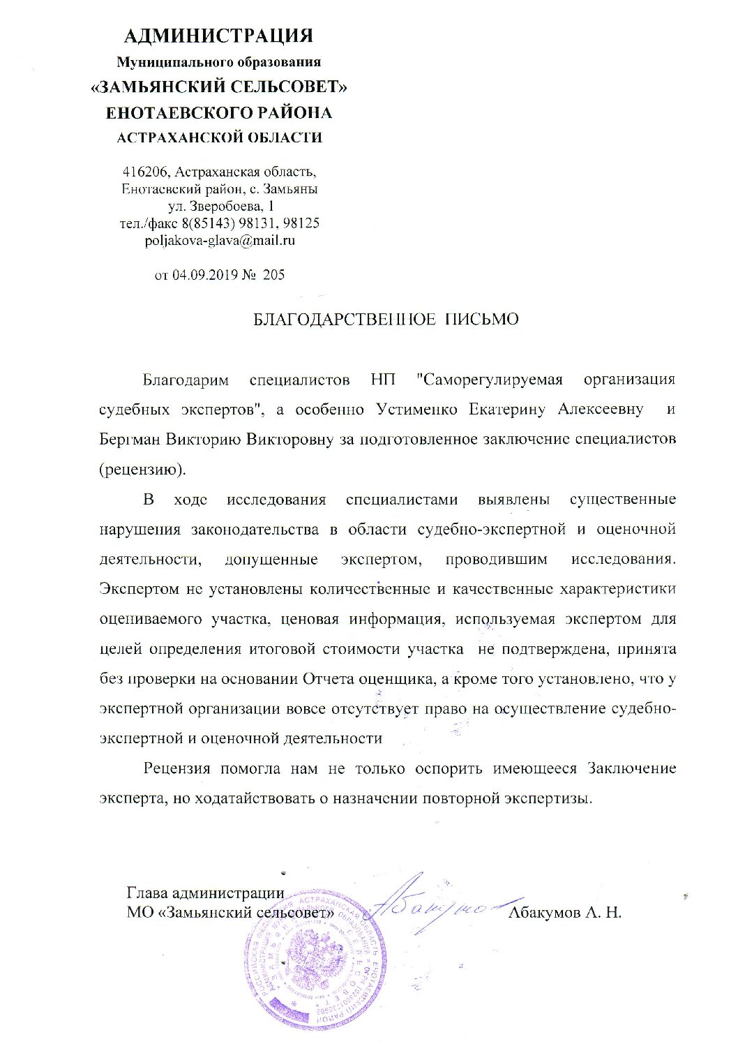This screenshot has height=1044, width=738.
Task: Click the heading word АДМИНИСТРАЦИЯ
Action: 218,36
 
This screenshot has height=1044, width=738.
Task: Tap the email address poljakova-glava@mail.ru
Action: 218,241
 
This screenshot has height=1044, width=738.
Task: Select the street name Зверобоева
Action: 226,207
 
